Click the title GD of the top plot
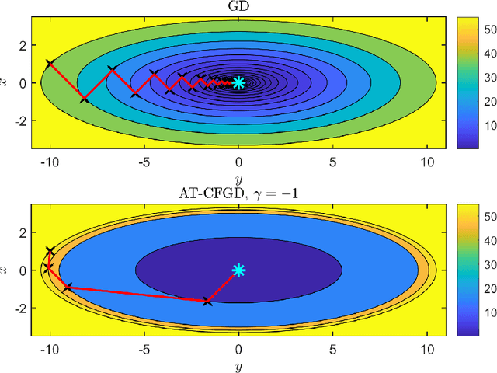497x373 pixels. [238, 8]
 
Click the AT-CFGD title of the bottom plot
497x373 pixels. [238, 194]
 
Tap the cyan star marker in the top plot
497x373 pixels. [238, 82]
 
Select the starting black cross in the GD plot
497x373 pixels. [50, 64]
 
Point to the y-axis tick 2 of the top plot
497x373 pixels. [23, 44]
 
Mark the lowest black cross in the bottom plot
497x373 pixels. [207, 301]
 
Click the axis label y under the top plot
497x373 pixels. [238, 178]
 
